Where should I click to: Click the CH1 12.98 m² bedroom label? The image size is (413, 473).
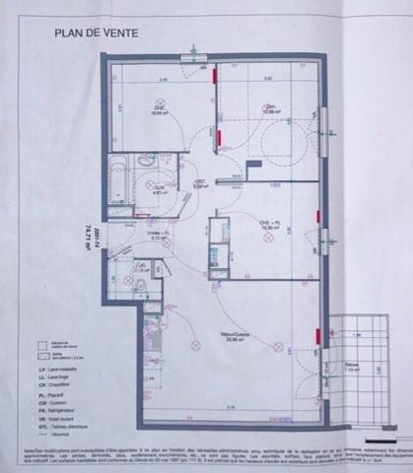(x=267, y=108)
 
